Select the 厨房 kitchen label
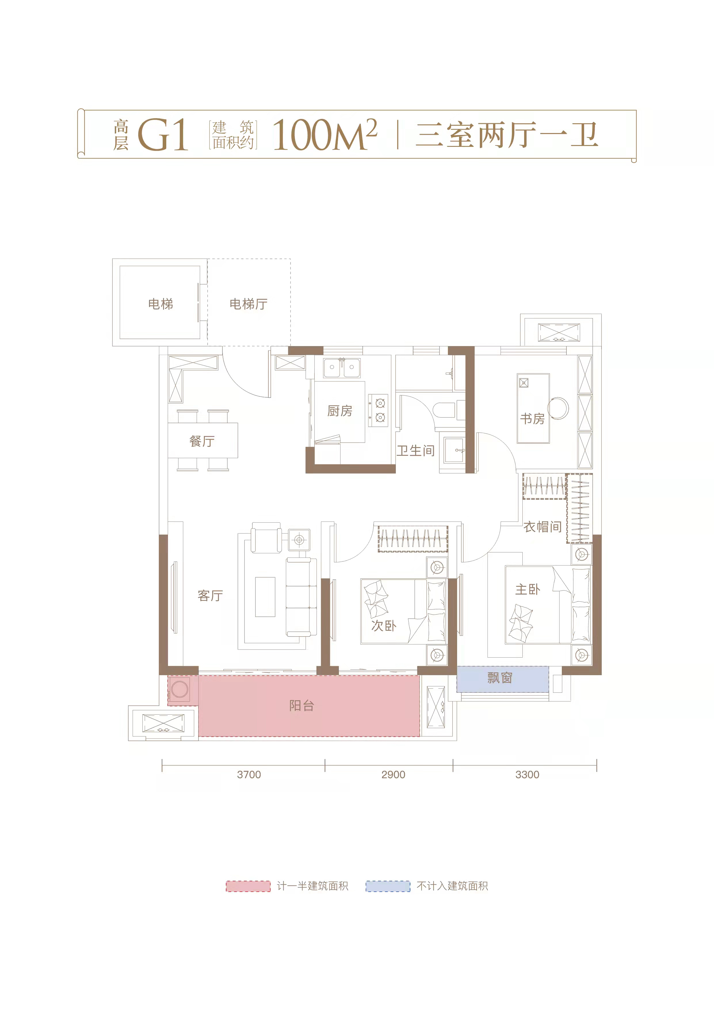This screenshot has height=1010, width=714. [339, 411]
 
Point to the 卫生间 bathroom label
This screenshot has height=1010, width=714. [415, 451]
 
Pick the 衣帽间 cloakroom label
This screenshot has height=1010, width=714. [543, 527]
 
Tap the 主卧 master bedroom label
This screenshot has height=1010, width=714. [528, 589]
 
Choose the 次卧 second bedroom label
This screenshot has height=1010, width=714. [383, 626]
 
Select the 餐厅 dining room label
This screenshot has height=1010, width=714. [202, 441]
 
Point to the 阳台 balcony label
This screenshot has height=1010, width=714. [301, 706]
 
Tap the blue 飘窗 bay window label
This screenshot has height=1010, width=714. [500, 678]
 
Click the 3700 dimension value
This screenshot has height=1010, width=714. [249, 775]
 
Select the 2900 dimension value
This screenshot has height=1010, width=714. [393, 775]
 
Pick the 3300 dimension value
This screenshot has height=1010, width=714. [527, 775]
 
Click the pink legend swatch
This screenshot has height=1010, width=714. [248, 886]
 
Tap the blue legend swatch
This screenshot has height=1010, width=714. [388, 886]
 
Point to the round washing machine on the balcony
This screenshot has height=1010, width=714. [180, 689]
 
